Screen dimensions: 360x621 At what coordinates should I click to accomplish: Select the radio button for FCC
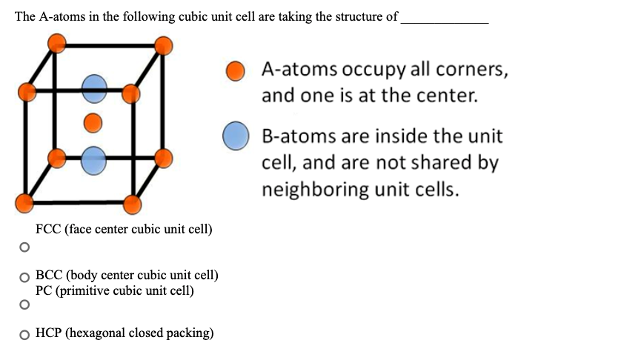click(x=25, y=245)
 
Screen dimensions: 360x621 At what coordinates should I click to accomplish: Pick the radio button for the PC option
click(x=25, y=304)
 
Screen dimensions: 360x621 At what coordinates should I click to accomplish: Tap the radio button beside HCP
click(x=25, y=334)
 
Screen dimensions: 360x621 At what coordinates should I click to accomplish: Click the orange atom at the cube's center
click(x=93, y=121)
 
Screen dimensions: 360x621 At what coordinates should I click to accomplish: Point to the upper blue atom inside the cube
click(x=93, y=89)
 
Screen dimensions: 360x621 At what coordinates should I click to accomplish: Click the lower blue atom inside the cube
click(x=93, y=157)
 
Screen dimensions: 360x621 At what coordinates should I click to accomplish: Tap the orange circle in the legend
click(x=236, y=70)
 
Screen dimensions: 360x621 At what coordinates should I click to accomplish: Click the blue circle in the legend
click(x=236, y=137)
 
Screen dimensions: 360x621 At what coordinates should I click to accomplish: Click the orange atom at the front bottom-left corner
click(x=25, y=201)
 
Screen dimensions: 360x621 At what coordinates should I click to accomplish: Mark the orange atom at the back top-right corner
click(x=165, y=45)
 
